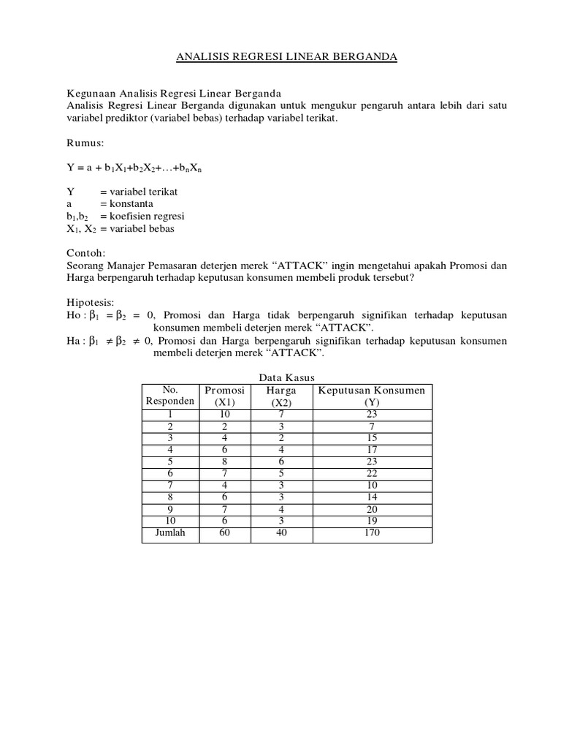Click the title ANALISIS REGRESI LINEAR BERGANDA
[x=288, y=57]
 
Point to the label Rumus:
[x=85, y=142]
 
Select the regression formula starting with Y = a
[x=134, y=168]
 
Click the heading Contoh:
[x=86, y=253]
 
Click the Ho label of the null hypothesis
[x=75, y=315]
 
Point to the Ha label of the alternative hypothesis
[x=75, y=341]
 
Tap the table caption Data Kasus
[x=287, y=377]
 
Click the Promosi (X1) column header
[x=224, y=396]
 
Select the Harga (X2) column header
[x=281, y=396]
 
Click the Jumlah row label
[x=170, y=532]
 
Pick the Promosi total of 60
[x=224, y=532]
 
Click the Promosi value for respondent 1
[x=224, y=414]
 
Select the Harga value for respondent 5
[x=281, y=462]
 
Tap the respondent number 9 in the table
[x=170, y=509]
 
